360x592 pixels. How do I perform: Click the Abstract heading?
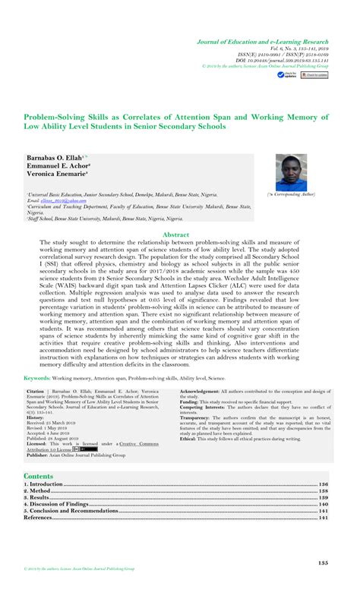click(179, 236)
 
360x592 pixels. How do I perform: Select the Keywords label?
click(37, 377)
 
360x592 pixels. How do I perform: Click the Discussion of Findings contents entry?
click(58, 505)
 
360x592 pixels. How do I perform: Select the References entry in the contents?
click(39, 518)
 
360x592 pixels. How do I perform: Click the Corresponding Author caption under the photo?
click(295, 196)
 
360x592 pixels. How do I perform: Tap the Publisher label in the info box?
click(40, 454)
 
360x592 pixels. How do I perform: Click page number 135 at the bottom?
click(322, 563)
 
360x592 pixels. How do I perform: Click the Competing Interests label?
click(204, 408)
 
